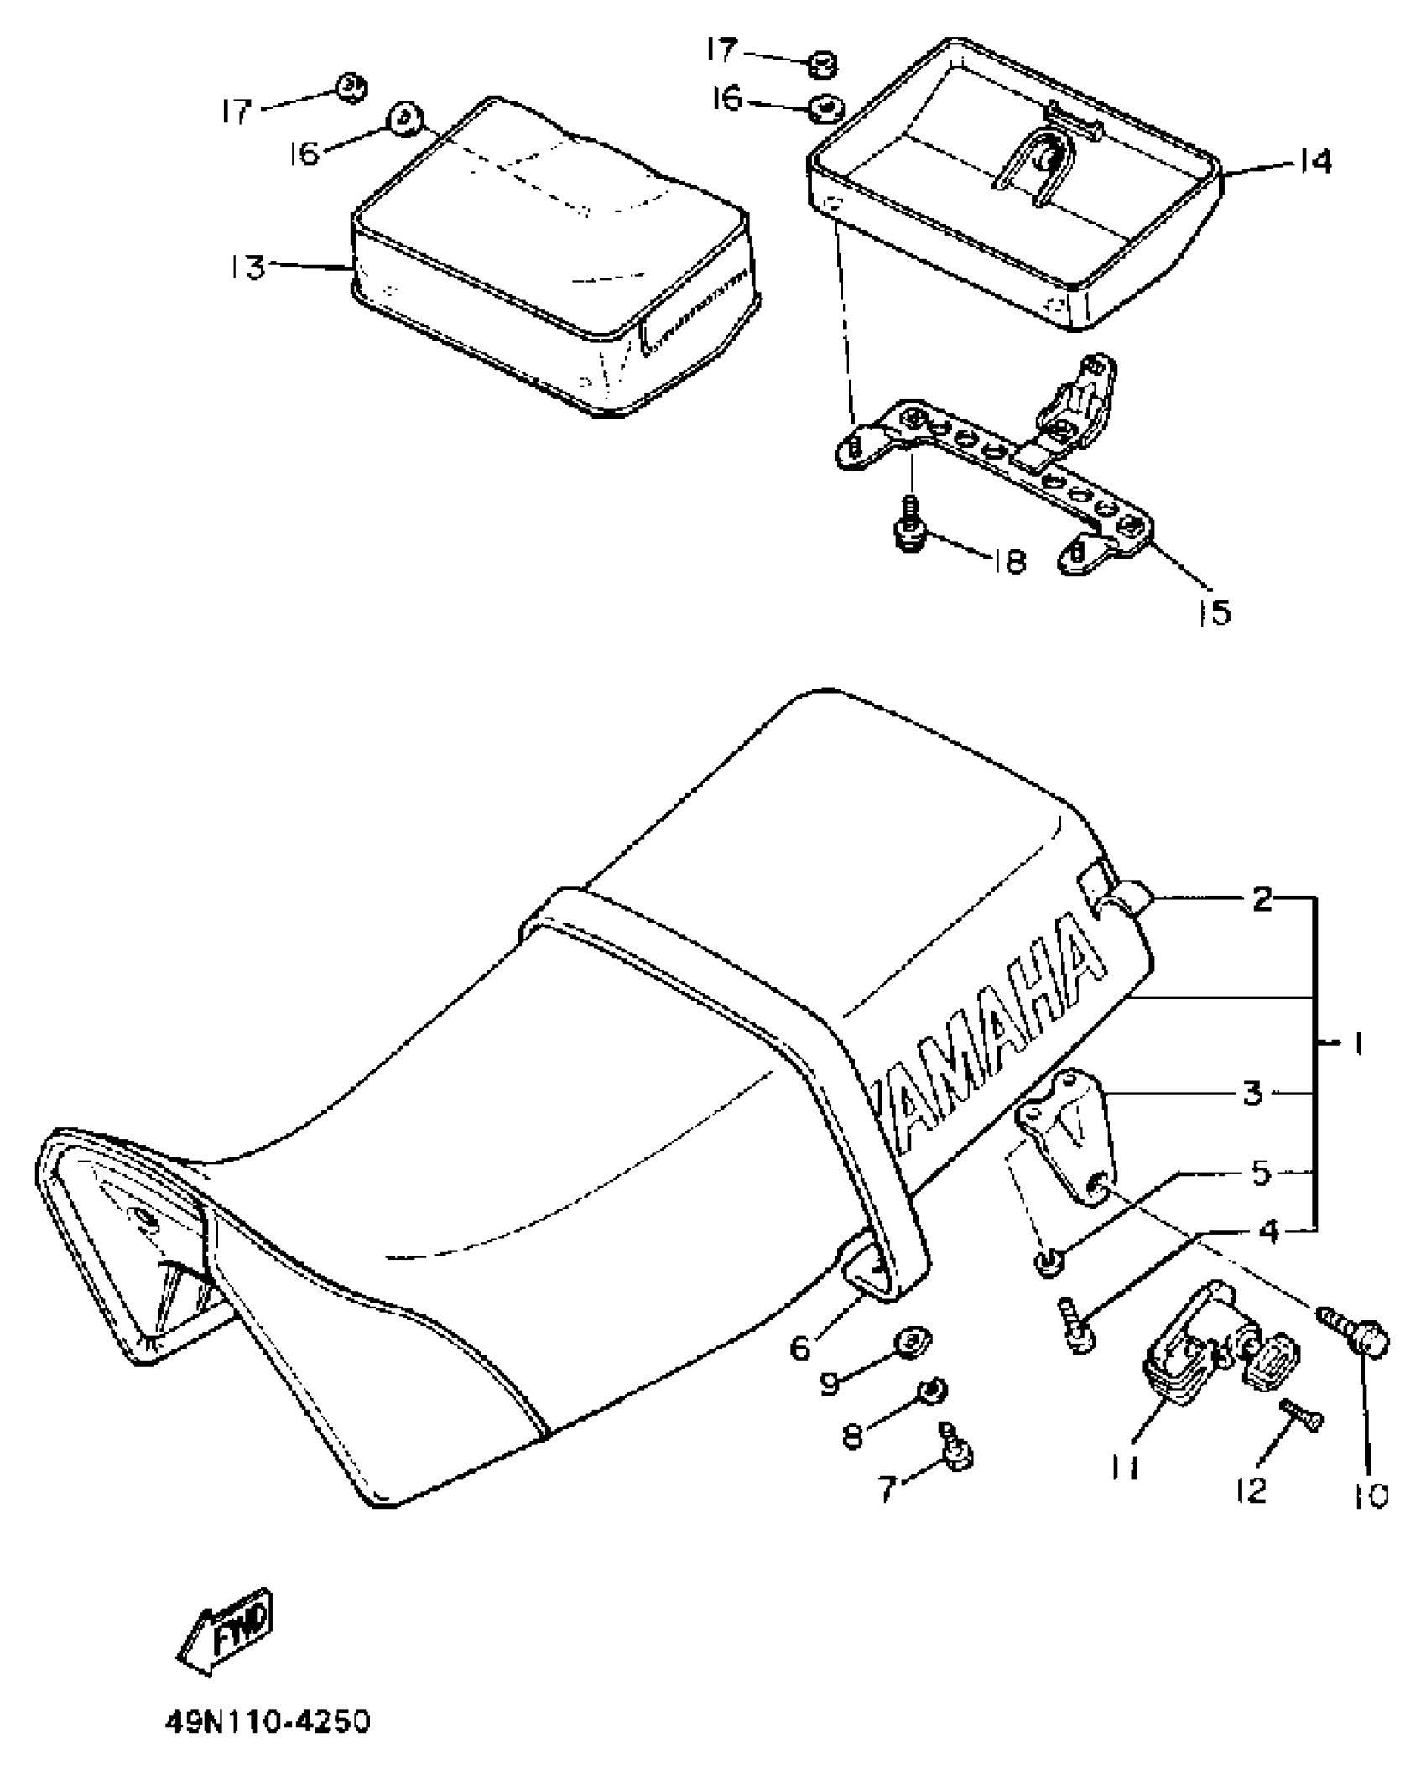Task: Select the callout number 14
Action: click(1314, 161)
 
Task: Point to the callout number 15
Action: click(1215, 612)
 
